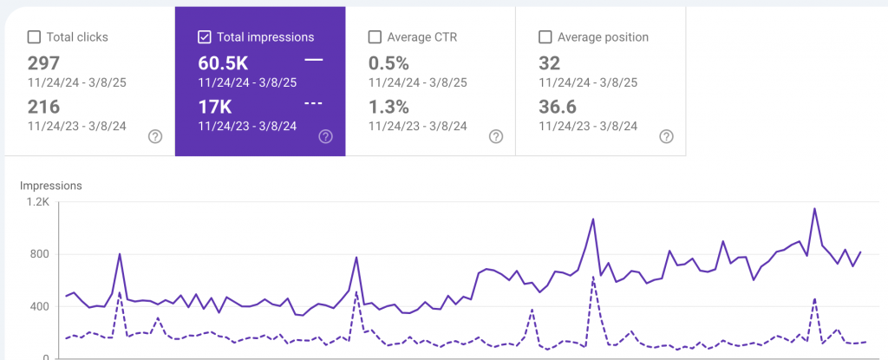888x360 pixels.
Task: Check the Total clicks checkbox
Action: pos(35,37)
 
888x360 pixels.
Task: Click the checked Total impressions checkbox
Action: pos(205,37)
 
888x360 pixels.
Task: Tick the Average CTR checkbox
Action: pos(375,37)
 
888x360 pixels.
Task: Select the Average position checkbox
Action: pos(545,37)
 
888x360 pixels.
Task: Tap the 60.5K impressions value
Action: pos(223,63)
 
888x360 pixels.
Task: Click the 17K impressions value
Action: pos(214,107)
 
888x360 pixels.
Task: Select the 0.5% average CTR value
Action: pos(388,63)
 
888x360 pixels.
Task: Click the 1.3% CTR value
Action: pos(387,107)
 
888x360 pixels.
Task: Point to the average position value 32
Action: pos(549,63)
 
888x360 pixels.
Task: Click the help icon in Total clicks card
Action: pos(155,136)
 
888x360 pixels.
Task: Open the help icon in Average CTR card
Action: pos(495,136)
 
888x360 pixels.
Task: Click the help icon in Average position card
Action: pos(665,136)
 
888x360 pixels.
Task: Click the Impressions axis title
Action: pos(50,186)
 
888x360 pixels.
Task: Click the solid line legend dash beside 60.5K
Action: pos(314,60)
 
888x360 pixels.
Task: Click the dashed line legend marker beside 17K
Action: pos(314,103)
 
